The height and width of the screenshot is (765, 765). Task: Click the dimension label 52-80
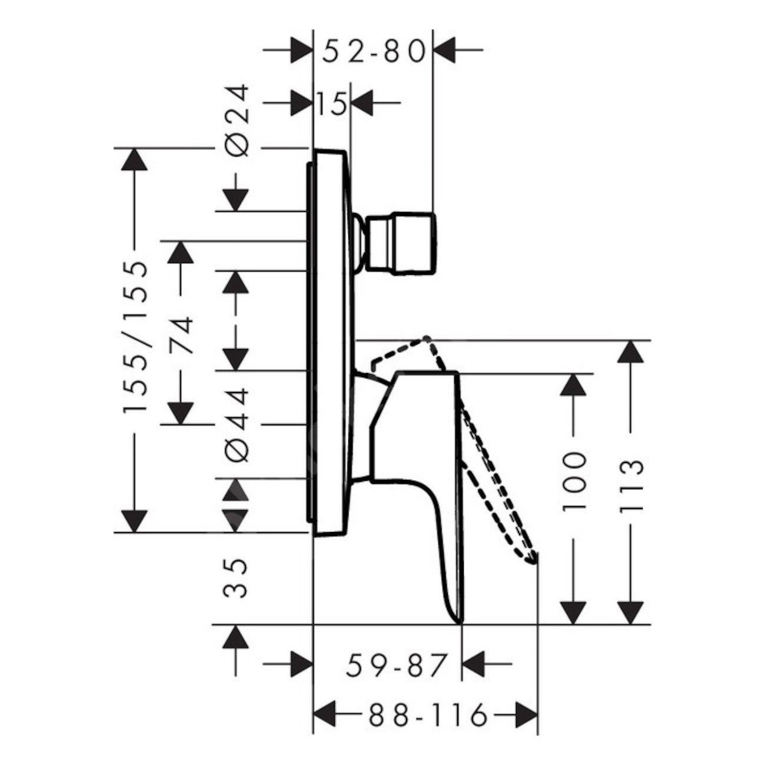[x=374, y=52]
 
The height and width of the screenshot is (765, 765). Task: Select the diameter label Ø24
[x=238, y=121]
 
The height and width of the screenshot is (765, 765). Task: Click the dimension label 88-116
[x=428, y=716]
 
